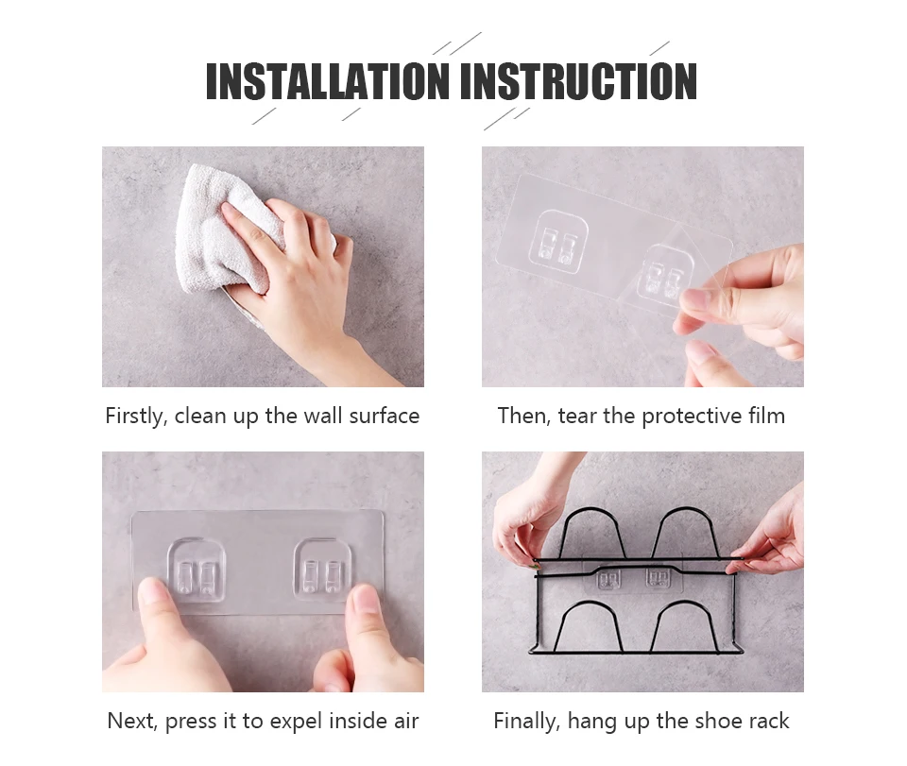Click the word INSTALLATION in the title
328,81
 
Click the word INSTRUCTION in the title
578,81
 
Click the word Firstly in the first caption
136,417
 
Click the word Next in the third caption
132,722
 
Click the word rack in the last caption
768,721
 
